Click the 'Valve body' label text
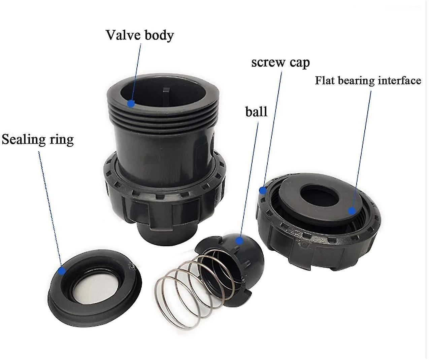[x=140, y=35]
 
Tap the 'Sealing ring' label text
[x=38, y=139]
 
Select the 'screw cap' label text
[x=280, y=62]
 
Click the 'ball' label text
[x=256, y=111]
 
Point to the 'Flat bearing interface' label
[x=368, y=81]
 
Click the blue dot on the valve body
[x=131, y=103]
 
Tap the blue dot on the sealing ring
[x=61, y=271]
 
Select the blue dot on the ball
[x=239, y=240]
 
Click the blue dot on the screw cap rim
[x=263, y=191]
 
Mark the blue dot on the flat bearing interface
[x=352, y=211]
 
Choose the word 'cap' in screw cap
[x=298, y=63]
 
